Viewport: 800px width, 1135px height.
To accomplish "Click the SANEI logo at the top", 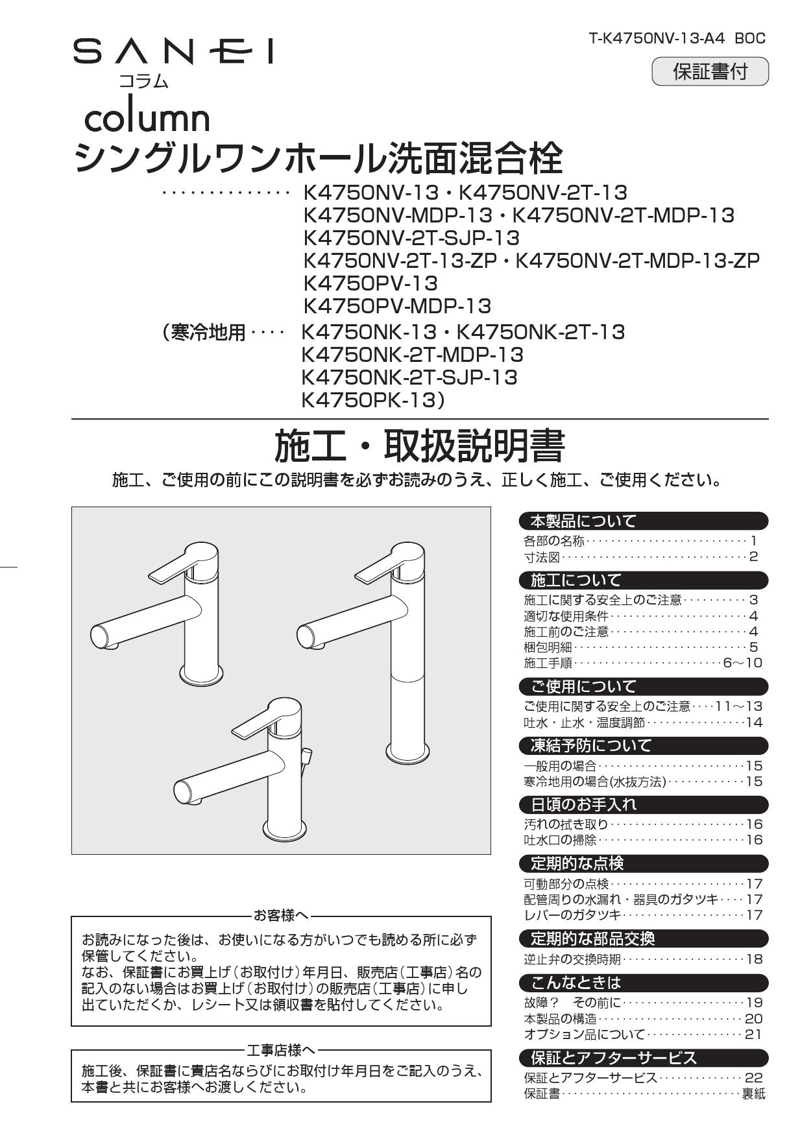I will (x=173, y=52).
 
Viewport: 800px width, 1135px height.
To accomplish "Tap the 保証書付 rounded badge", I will (x=709, y=71).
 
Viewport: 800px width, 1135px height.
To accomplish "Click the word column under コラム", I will (x=147, y=119).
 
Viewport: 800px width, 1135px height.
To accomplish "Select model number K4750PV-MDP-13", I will (x=397, y=305).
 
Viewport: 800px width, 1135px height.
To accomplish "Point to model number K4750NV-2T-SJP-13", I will (x=411, y=237).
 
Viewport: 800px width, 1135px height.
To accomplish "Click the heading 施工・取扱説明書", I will (x=419, y=446).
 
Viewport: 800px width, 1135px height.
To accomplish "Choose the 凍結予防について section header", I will (x=591, y=745).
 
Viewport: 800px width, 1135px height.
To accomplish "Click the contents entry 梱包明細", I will (x=548, y=647).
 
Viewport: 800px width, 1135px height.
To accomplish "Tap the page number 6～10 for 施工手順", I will (x=742, y=663).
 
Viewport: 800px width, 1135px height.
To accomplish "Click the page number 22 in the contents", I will (x=753, y=1077).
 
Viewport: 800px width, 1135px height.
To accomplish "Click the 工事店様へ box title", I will (x=281, y=1049).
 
